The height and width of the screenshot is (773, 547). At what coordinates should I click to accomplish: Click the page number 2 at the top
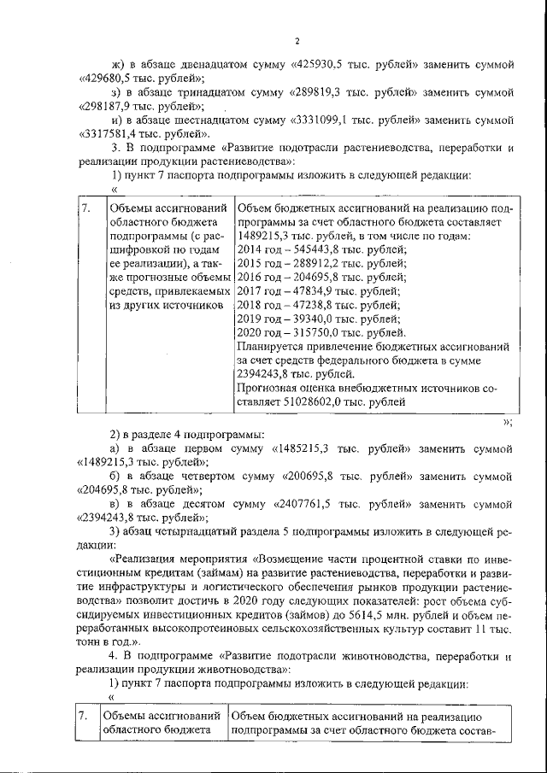(297, 40)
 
